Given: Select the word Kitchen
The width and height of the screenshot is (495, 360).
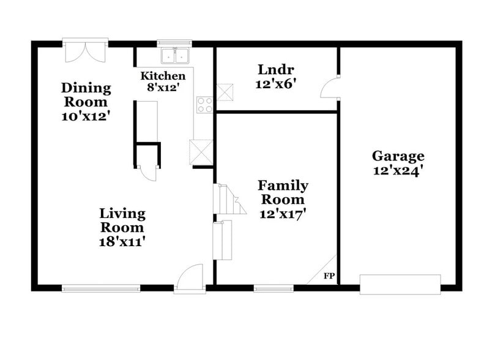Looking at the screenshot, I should (163, 76).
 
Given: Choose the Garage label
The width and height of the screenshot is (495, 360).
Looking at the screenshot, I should (398, 156).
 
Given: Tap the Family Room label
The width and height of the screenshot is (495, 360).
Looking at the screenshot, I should (283, 192).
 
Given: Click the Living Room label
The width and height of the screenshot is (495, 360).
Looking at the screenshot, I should (123, 220).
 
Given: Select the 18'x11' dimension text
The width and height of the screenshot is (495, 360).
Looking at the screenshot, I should (123, 241).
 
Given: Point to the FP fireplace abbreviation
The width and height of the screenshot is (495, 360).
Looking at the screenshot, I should (328, 276).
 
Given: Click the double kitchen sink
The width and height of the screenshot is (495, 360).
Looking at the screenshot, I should (175, 56).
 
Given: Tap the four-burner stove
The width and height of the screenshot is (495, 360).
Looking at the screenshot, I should (204, 105).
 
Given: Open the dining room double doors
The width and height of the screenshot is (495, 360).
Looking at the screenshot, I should (85, 51).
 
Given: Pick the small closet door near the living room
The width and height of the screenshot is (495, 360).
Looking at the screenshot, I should (147, 173).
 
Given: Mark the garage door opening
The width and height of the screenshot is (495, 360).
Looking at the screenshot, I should (400, 284).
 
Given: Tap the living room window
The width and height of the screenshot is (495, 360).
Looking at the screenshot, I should (102, 288).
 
